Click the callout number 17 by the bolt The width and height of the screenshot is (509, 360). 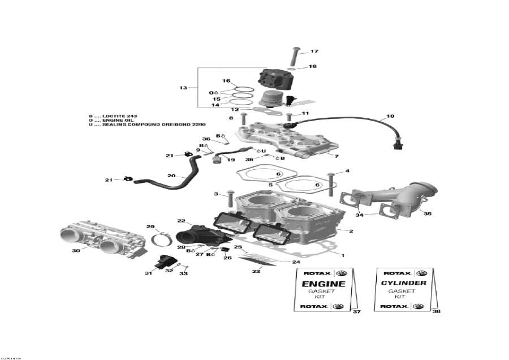tap(314, 52)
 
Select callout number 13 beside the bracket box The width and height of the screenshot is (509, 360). tap(183, 88)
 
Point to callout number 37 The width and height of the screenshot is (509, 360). tap(356, 312)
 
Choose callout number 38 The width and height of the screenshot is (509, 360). tap(435, 311)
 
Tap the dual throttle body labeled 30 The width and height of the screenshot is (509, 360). tap(101, 241)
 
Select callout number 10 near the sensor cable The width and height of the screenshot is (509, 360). tap(390, 117)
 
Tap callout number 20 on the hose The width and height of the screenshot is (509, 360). tap(171, 175)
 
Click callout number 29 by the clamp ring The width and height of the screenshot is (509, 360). tap(150, 227)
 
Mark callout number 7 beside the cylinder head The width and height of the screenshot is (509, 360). tap(337, 156)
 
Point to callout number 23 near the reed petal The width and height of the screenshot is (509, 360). tap(256, 272)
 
